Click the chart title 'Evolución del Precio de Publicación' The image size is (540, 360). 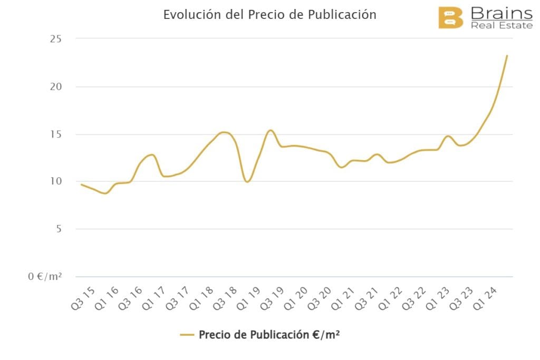coord(269,15)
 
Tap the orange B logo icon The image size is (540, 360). coord(450,17)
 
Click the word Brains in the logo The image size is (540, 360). coord(501,13)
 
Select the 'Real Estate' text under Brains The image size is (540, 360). coord(502,25)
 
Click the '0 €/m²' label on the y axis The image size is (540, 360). coord(45,276)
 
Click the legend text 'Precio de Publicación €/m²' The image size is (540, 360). coord(269,335)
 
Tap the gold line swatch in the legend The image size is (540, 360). coord(187,335)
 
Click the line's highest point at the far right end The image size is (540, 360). coord(507,55)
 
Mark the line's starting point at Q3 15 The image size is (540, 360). coord(81,184)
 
